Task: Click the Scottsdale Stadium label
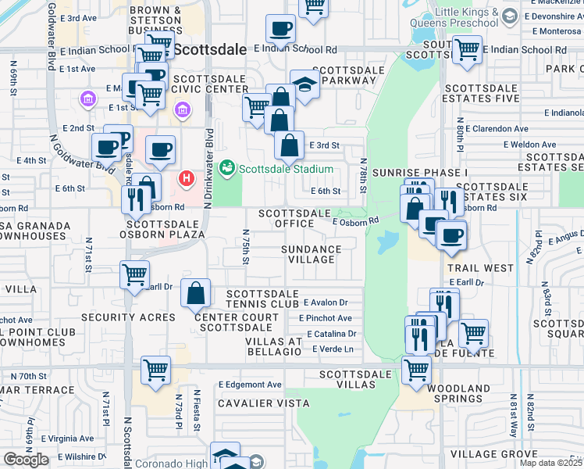tap(286, 169)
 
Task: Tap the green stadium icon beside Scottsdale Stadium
tap(227, 167)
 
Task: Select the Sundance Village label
tap(312, 255)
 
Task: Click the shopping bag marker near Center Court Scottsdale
tap(195, 294)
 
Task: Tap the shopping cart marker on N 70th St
tap(156, 371)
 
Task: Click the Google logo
tap(26, 460)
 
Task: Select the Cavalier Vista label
tap(263, 403)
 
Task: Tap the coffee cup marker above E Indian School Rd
tap(280, 31)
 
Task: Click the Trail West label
tap(481, 268)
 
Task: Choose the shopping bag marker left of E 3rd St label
tap(289, 145)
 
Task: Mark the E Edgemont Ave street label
tap(250, 385)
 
